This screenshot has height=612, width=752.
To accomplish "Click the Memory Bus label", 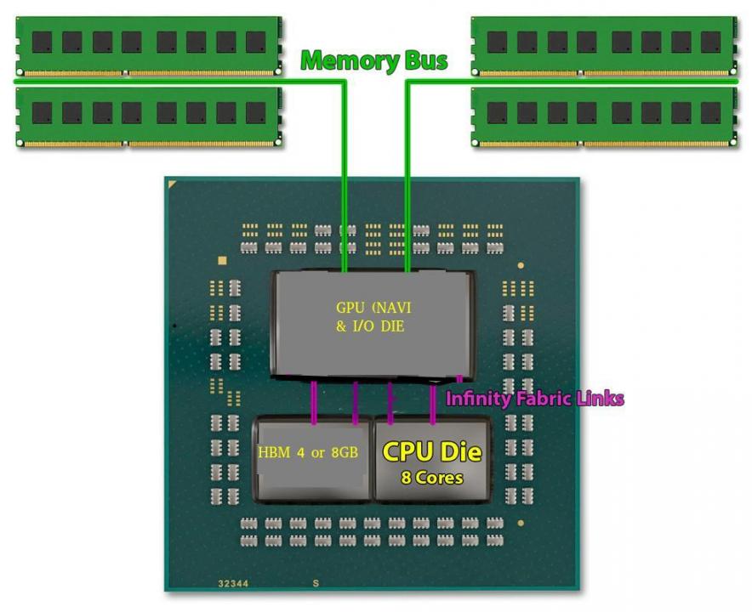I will click(374, 60).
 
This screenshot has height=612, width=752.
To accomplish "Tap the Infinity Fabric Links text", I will click(535, 398).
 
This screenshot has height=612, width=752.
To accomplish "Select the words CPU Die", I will click(431, 450).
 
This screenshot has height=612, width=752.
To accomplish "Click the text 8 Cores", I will click(431, 478).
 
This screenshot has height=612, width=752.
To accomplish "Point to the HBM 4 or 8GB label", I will click(307, 452).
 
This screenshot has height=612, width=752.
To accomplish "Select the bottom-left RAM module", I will click(148, 116).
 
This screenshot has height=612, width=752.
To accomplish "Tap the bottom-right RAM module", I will click(604, 116).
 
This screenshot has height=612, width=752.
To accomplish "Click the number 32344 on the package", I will click(233, 584).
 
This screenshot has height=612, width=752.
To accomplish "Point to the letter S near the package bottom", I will click(315, 584).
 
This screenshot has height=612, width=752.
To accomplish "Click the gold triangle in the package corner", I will click(174, 184).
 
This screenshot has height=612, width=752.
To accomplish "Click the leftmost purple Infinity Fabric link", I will click(314, 401).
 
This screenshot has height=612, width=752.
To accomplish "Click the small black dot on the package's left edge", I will click(174, 326).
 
